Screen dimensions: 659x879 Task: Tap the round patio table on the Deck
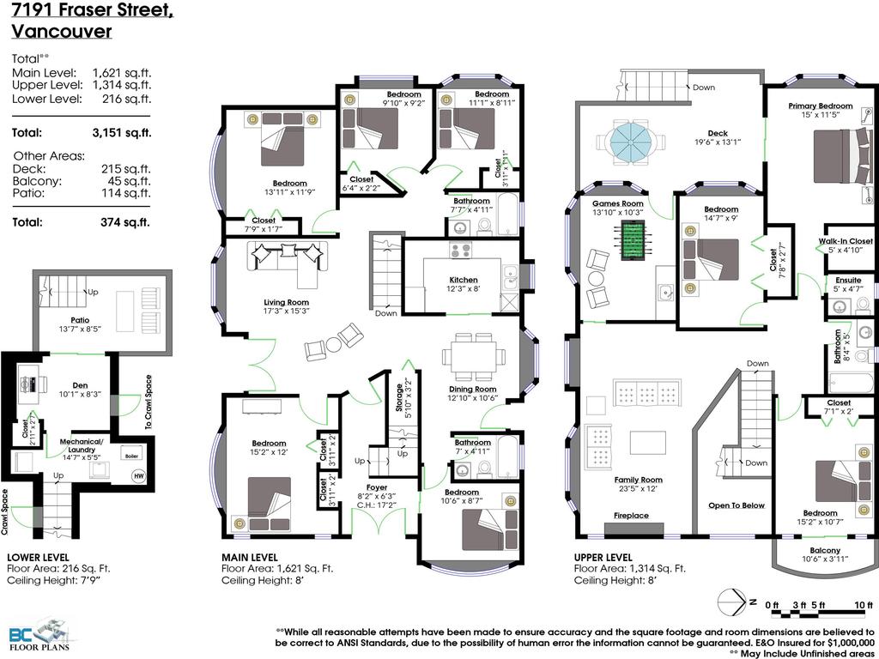pyautogui.click(x=630, y=141)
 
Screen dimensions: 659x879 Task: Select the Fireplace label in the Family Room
pyautogui.click(x=631, y=516)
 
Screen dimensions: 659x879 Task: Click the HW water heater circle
pyautogui.click(x=138, y=475)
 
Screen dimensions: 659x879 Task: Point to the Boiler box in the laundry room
pyautogui.click(x=130, y=456)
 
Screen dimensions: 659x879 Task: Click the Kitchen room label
pyautogui.click(x=464, y=280)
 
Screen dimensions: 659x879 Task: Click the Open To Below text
pyautogui.click(x=736, y=505)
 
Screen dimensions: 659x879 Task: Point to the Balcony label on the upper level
pyautogui.click(x=825, y=550)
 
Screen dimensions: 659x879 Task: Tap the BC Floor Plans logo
pyautogui.click(x=39, y=635)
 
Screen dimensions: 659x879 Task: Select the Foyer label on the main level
pyautogui.click(x=376, y=487)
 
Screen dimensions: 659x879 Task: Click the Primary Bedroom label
pyautogui.click(x=820, y=106)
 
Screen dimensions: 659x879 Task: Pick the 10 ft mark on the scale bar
pyautogui.click(x=864, y=605)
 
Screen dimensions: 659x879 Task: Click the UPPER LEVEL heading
pyautogui.click(x=603, y=557)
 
